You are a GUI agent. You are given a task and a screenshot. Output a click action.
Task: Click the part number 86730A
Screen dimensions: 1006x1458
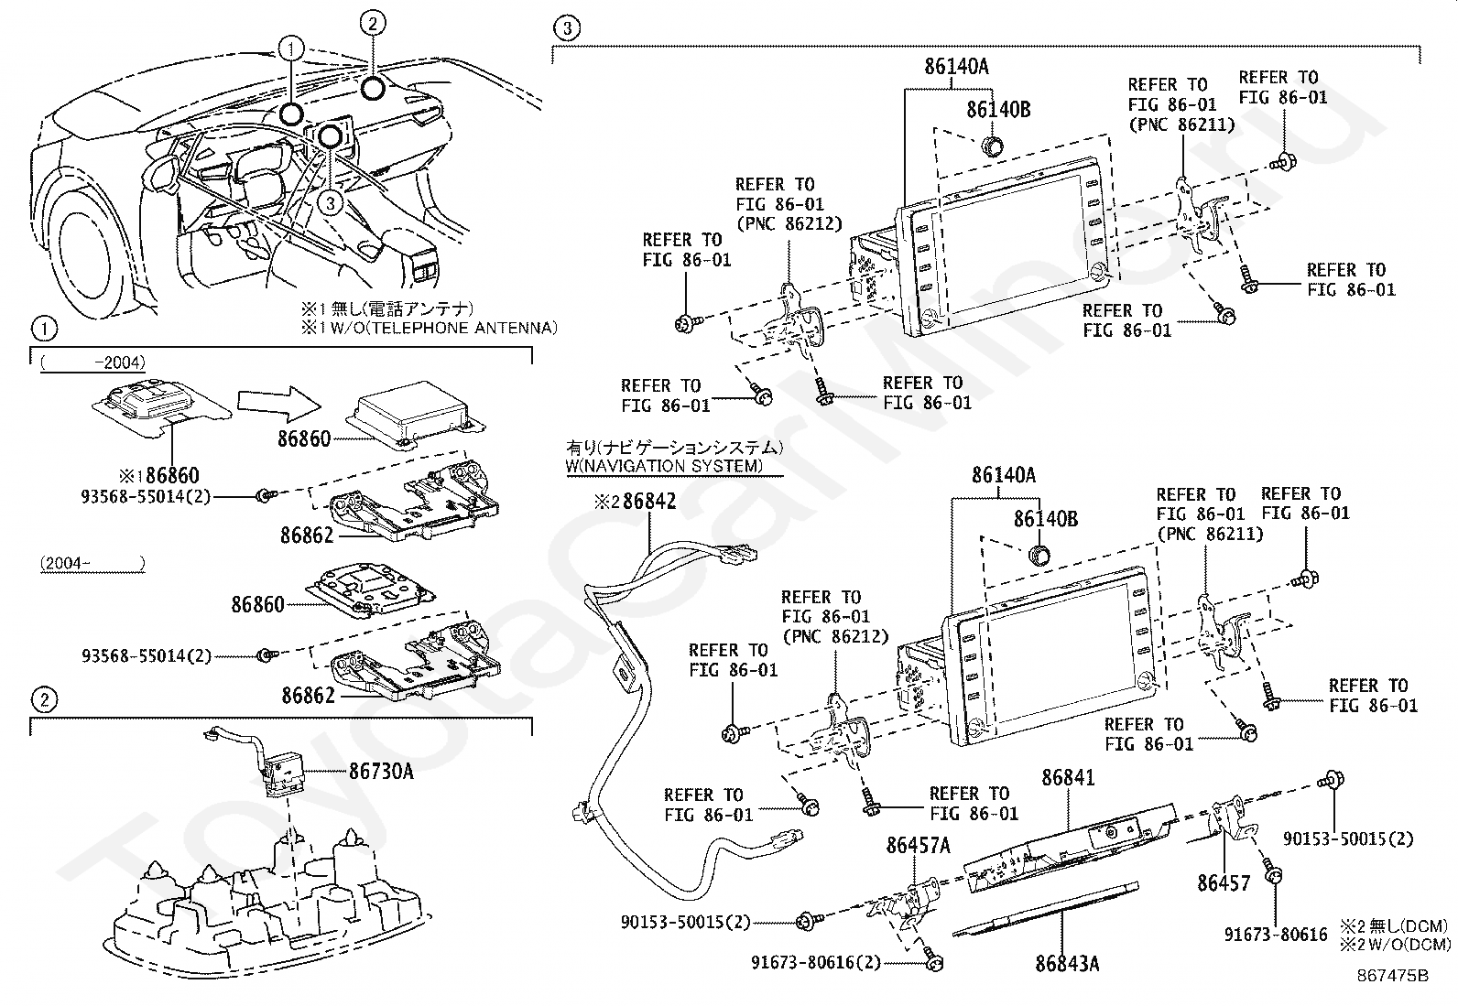(x=380, y=772)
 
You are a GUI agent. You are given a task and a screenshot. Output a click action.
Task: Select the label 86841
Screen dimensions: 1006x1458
(x=1068, y=778)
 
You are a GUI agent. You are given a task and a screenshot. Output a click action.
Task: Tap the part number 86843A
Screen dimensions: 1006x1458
(x=1068, y=964)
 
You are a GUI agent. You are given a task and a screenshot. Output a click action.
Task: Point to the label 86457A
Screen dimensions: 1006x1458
(x=919, y=847)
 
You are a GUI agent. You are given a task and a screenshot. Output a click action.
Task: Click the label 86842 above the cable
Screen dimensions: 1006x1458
(x=648, y=502)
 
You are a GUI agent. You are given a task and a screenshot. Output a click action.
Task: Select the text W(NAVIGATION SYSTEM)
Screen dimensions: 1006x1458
(x=664, y=467)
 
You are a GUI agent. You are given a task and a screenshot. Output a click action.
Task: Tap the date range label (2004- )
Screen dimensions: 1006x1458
(x=92, y=564)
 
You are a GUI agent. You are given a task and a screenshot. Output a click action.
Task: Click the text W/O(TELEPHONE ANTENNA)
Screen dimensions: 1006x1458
(x=437, y=328)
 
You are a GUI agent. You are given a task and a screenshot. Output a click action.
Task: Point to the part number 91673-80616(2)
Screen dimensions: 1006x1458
(x=816, y=962)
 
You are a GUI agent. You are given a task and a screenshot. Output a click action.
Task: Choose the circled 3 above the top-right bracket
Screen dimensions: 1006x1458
(x=567, y=28)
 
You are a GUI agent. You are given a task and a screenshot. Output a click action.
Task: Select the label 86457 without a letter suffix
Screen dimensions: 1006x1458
(x=1224, y=883)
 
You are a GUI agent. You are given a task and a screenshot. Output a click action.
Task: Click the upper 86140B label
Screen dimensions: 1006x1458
(x=998, y=110)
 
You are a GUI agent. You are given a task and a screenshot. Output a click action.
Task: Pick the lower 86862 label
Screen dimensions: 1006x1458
(x=308, y=696)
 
